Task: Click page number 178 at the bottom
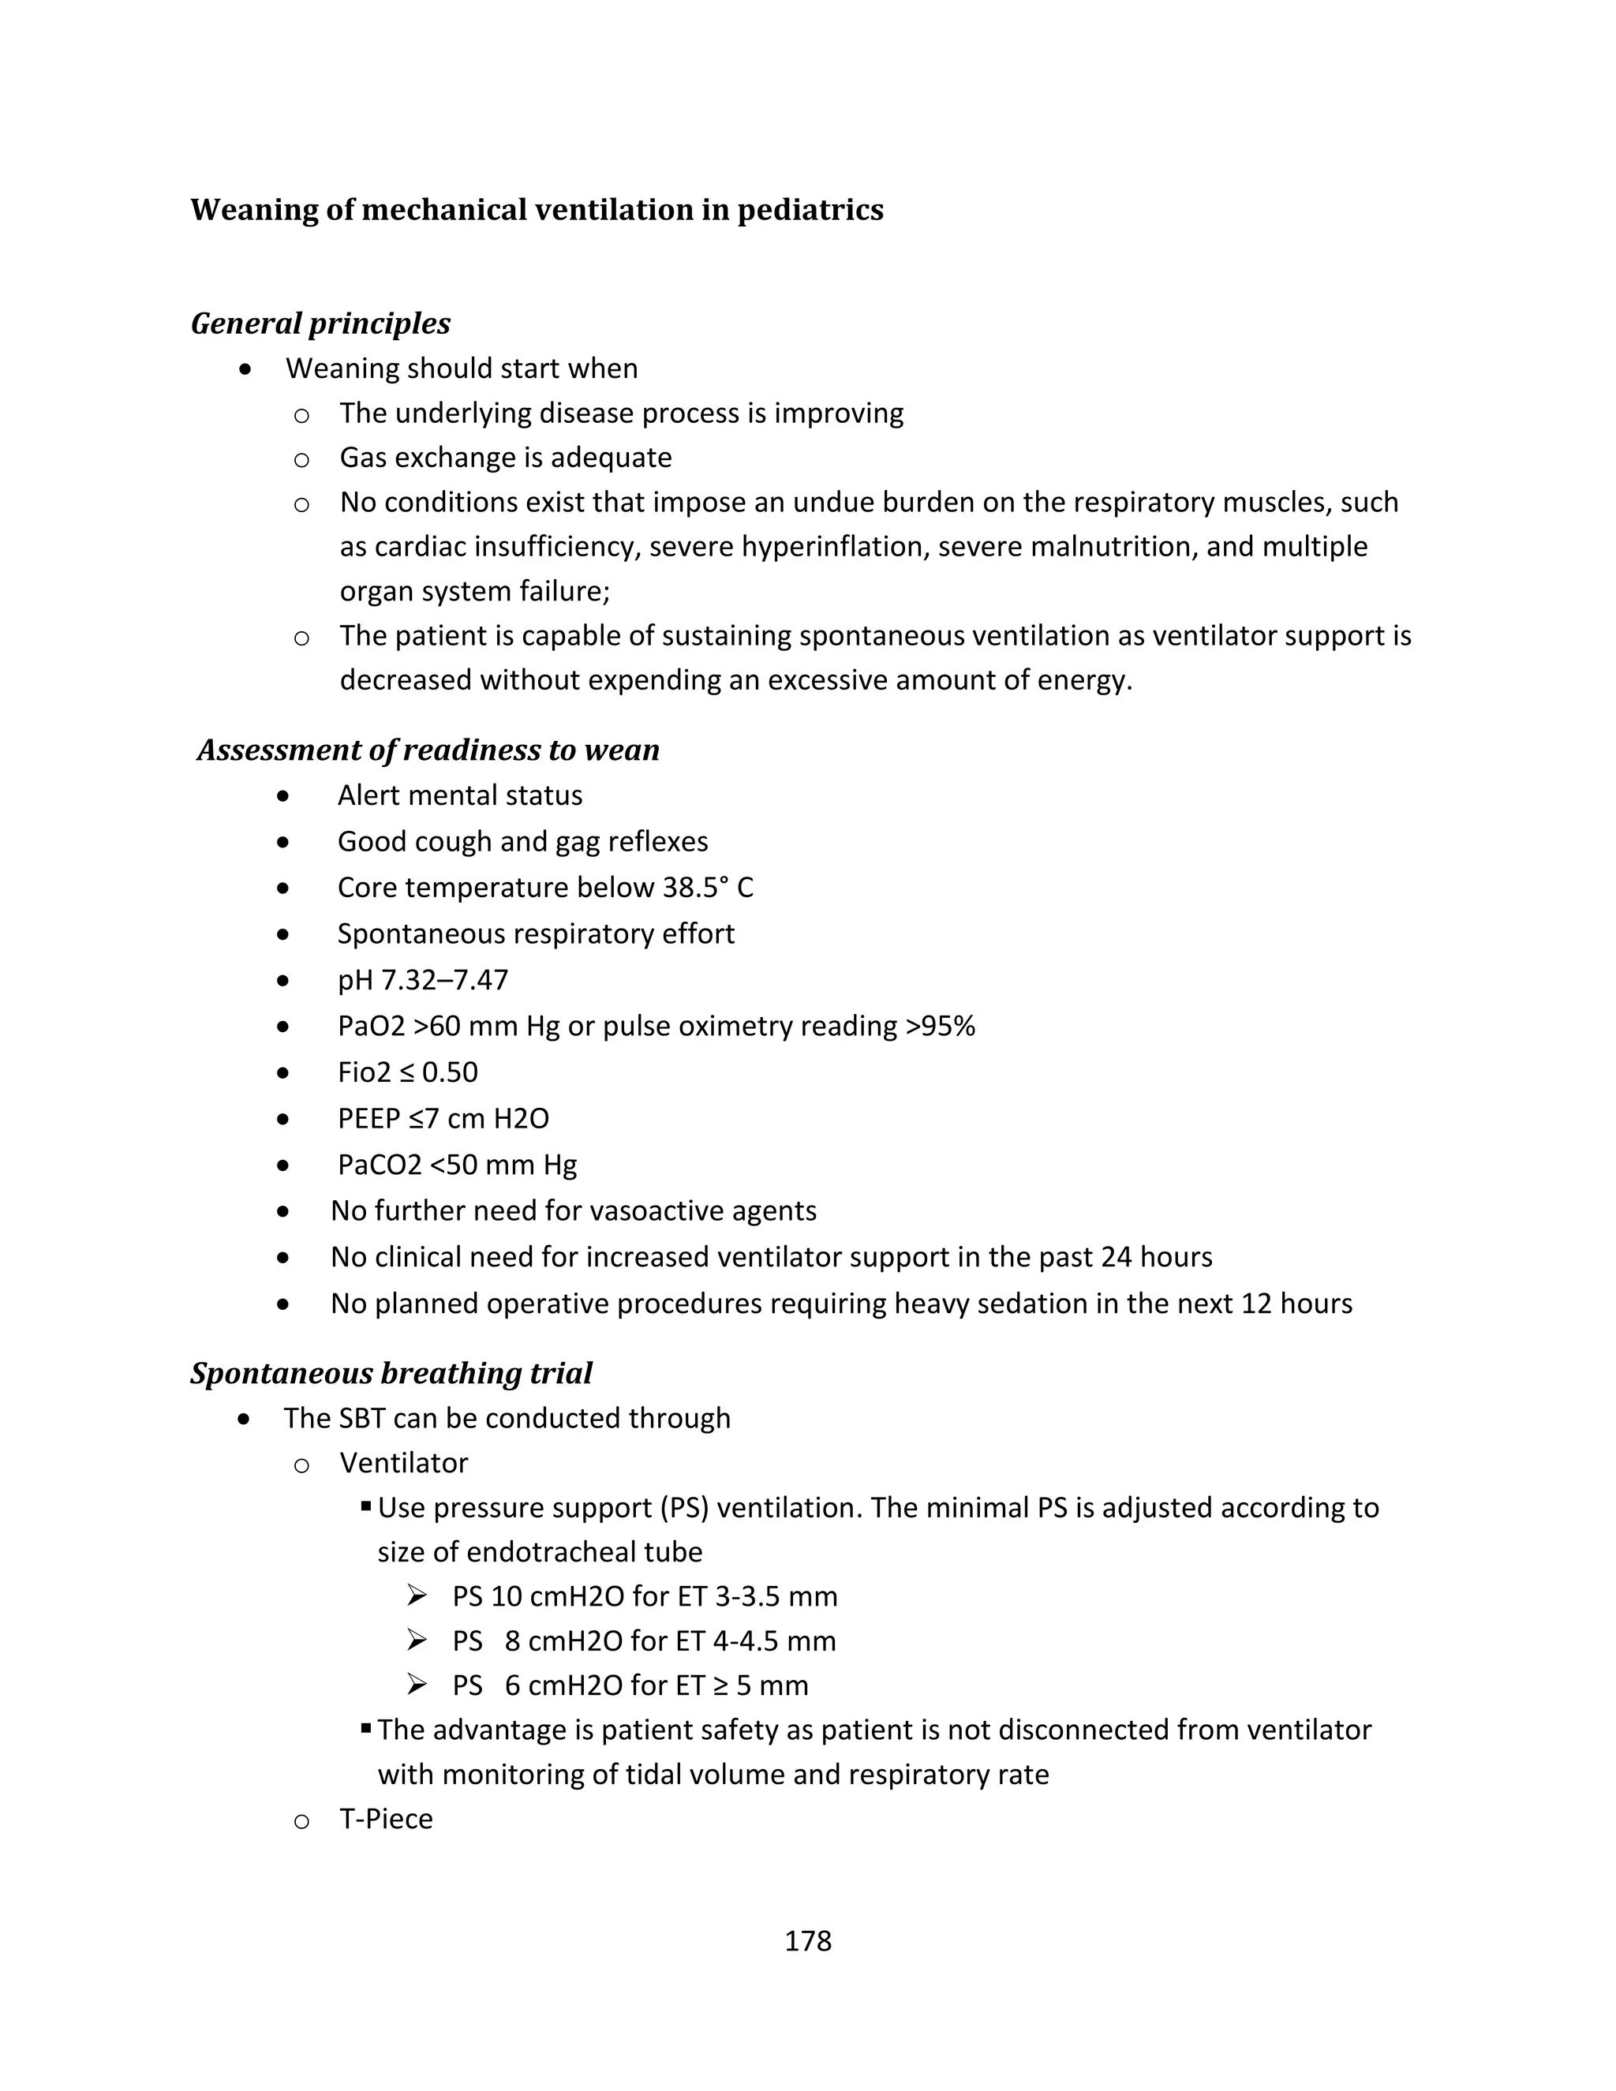pyautogui.click(x=807, y=1941)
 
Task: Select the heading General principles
pyautogui.click(x=320, y=324)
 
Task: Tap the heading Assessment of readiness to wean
pyautogui.click(x=428, y=750)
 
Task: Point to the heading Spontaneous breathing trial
pyautogui.click(x=391, y=1373)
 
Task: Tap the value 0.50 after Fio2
pyautogui.click(x=450, y=1072)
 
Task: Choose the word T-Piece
pyautogui.click(x=386, y=1819)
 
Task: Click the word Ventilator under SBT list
pyautogui.click(x=404, y=1463)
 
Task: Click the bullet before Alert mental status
pyautogui.click(x=282, y=795)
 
